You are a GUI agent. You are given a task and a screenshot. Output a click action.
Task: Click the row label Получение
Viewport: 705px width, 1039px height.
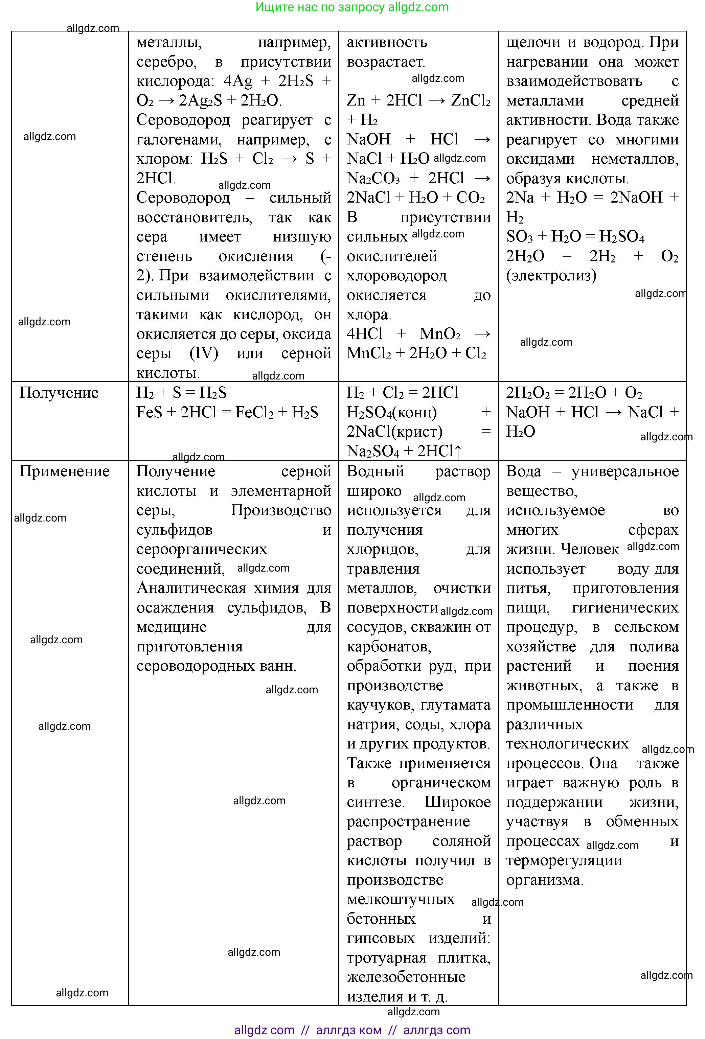[x=59, y=393]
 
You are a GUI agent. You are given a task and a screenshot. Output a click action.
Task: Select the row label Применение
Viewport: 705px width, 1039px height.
[x=64, y=471]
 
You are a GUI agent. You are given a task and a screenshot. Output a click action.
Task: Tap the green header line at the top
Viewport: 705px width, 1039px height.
[x=352, y=7]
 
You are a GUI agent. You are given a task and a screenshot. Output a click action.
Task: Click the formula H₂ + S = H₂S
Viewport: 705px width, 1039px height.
[x=181, y=393]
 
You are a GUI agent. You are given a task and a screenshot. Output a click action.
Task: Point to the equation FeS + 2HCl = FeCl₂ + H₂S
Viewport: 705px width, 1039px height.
[x=227, y=412]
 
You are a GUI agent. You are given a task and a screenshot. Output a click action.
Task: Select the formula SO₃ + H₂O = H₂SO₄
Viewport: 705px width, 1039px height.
[x=575, y=236]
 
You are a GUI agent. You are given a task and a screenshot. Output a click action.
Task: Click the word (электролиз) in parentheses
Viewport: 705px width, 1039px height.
[x=551, y=275]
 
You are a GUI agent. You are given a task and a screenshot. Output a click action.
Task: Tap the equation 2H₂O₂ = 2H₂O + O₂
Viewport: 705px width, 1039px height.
[x=574, y=393]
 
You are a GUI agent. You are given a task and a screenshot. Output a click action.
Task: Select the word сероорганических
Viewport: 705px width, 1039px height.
[x=202, y=550]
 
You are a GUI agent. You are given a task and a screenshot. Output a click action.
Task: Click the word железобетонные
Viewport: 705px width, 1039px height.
[x=406, y=977]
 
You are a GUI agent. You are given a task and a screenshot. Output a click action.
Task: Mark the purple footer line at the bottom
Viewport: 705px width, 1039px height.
[x=352, y=1031]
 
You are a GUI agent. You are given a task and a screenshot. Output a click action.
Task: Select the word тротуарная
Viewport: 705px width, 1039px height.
[x=386, y=957]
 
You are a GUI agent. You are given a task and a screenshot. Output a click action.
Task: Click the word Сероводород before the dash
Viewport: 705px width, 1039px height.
[x=183, y=198]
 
